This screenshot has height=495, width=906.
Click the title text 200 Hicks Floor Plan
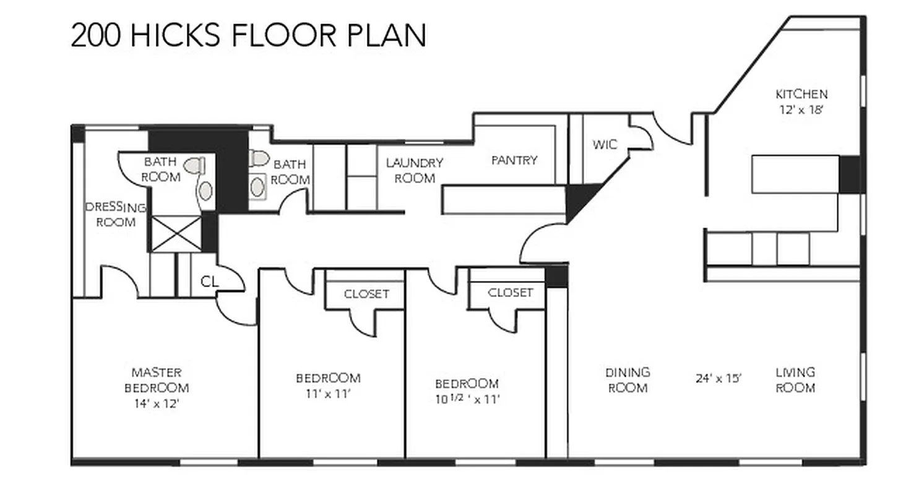tap(248, 35)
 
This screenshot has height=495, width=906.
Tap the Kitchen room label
tap(801, 95)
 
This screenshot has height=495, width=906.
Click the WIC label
tap(604, 145)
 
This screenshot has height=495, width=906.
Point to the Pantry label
tap(514, 160)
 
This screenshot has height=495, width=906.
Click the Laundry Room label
tap(415, 171)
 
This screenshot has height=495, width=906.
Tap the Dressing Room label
tap(116, 215)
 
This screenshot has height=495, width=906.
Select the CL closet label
tap(209, 282)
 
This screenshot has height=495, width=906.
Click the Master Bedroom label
tap(157, 381)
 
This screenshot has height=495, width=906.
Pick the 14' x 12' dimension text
tap(157, 404)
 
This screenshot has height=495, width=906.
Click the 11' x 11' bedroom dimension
tap(328, 394)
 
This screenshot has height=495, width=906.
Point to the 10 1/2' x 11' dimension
tap(467, 399)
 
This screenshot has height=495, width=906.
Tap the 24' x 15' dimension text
tap(718, 379)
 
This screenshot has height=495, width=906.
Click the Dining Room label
tap(628, 380)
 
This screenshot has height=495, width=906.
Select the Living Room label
tap(795, 380)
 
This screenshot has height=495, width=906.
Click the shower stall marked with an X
tap(176, 233)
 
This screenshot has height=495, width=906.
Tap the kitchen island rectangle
tap(795, 174)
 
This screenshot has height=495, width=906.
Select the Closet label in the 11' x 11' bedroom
tap(366, 294)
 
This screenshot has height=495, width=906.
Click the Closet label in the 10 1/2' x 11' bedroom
tap(510, 293)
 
